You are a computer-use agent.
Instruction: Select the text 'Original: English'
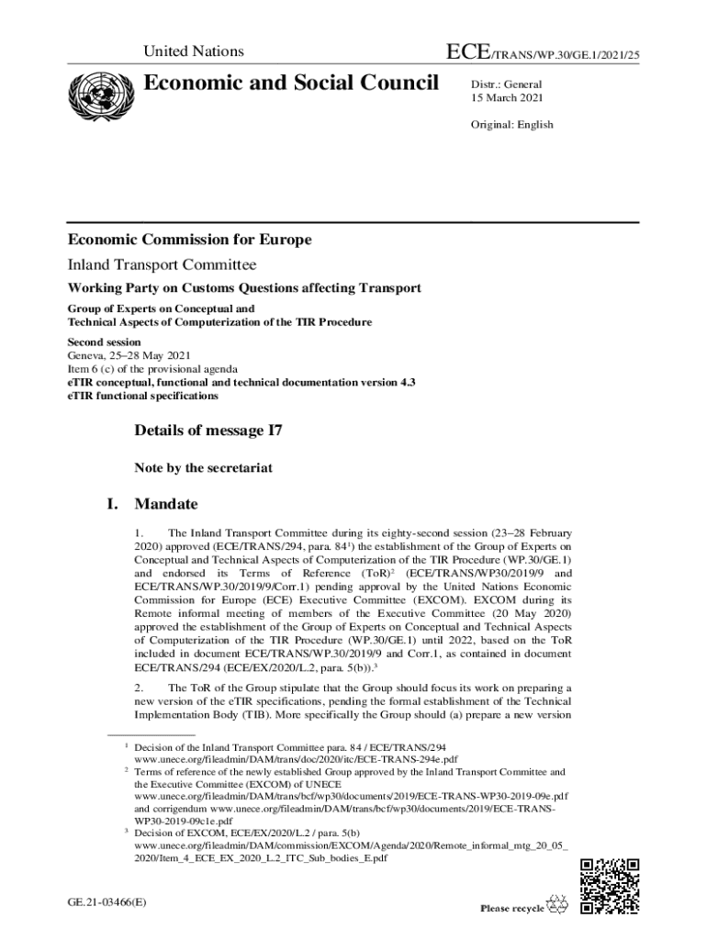pos(512,125)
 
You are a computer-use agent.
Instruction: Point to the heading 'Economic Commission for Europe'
pos(189,240)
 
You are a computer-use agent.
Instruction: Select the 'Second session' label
pos(104,341)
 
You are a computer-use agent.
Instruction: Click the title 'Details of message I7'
pos(208,430)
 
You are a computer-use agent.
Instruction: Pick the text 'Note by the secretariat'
pos(203,467)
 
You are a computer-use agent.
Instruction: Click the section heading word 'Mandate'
pos(166,504)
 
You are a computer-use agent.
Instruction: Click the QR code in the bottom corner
pos(610,886)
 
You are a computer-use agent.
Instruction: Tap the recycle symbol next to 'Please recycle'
pos(557,905)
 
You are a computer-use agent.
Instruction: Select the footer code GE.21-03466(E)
pos(107,902)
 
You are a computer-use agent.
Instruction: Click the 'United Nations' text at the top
pos(194,52)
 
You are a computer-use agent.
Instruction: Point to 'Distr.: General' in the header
pos(507,84)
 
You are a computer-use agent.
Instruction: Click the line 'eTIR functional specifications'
pos(142,396)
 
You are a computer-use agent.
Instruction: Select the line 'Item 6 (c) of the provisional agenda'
pos(151,369)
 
